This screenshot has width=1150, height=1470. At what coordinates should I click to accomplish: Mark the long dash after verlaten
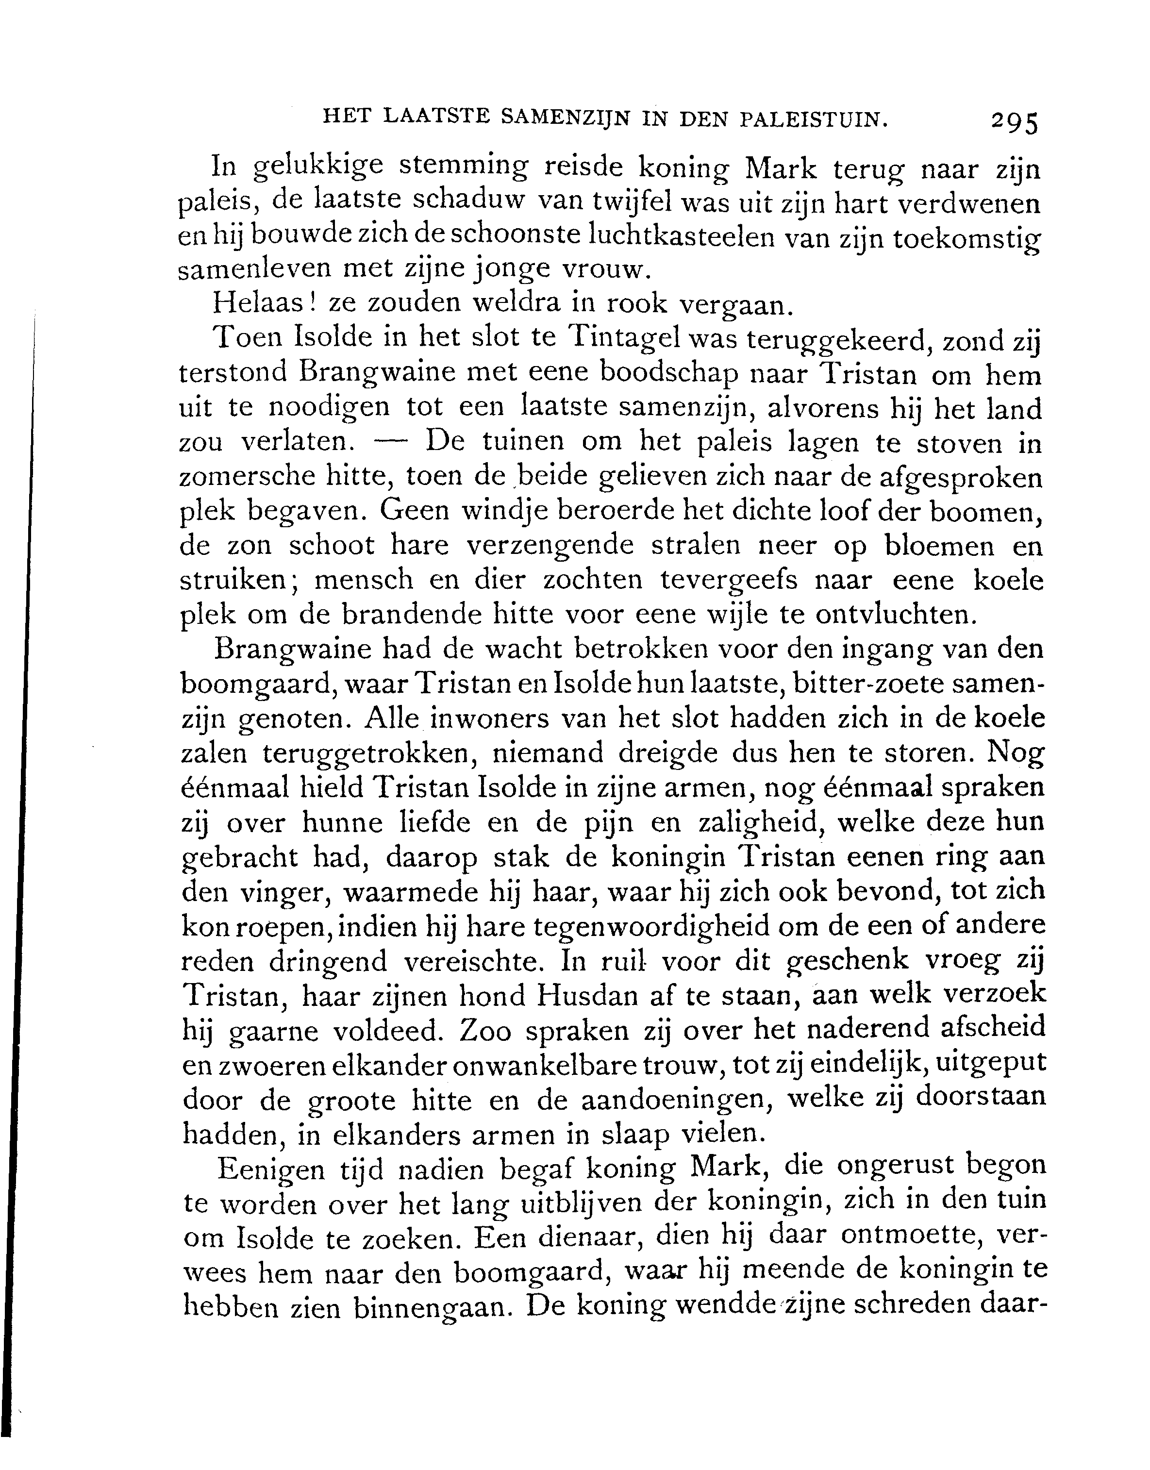[390, 441]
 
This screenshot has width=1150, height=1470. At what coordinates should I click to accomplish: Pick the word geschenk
[846, 960]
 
